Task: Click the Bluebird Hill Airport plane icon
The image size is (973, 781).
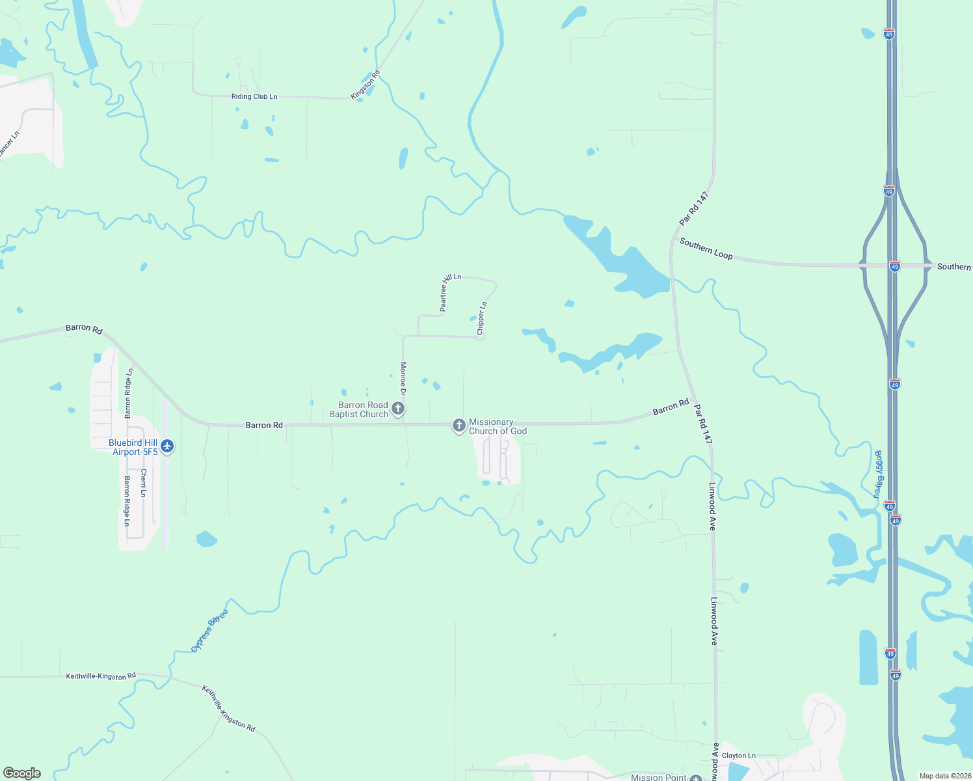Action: [x=168, y=446]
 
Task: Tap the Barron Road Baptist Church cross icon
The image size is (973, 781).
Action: [x=398, y=409]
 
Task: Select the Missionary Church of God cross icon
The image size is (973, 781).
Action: [x=459, y=426]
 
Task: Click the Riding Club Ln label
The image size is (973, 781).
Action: [x=254, y=96]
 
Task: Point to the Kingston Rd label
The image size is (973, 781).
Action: [x=365, y=85]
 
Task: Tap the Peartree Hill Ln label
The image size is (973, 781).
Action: [x=450, y=292]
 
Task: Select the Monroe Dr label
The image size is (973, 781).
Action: [x=403, y=379]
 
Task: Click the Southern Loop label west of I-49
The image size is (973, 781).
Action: [x=706, y=249]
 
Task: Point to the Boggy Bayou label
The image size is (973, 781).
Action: [x=878, y=474]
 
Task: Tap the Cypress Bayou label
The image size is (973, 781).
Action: [x=210, y=631]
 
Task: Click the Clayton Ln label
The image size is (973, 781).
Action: [x=739, y=756]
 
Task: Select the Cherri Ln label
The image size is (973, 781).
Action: [x=144, y=483]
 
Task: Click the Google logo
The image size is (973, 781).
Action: [x=22, y=773]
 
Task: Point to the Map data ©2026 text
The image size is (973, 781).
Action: [x=944, y=776]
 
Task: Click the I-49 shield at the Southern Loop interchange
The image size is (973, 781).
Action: [x=895, y=266]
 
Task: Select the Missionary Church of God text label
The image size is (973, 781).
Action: [x=498, y=426]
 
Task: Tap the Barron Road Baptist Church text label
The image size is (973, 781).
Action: [x=359, y=409]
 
